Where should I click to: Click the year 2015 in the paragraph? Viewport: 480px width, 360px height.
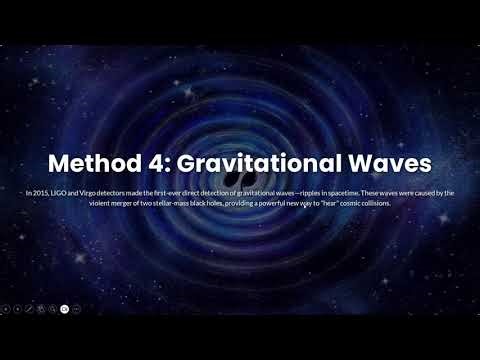40,192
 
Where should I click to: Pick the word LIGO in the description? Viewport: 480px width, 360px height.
58,192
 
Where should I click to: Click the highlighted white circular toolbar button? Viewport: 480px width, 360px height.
64,310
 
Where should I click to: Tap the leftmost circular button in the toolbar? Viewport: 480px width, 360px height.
6,310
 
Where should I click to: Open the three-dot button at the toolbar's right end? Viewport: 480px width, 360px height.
76,310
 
